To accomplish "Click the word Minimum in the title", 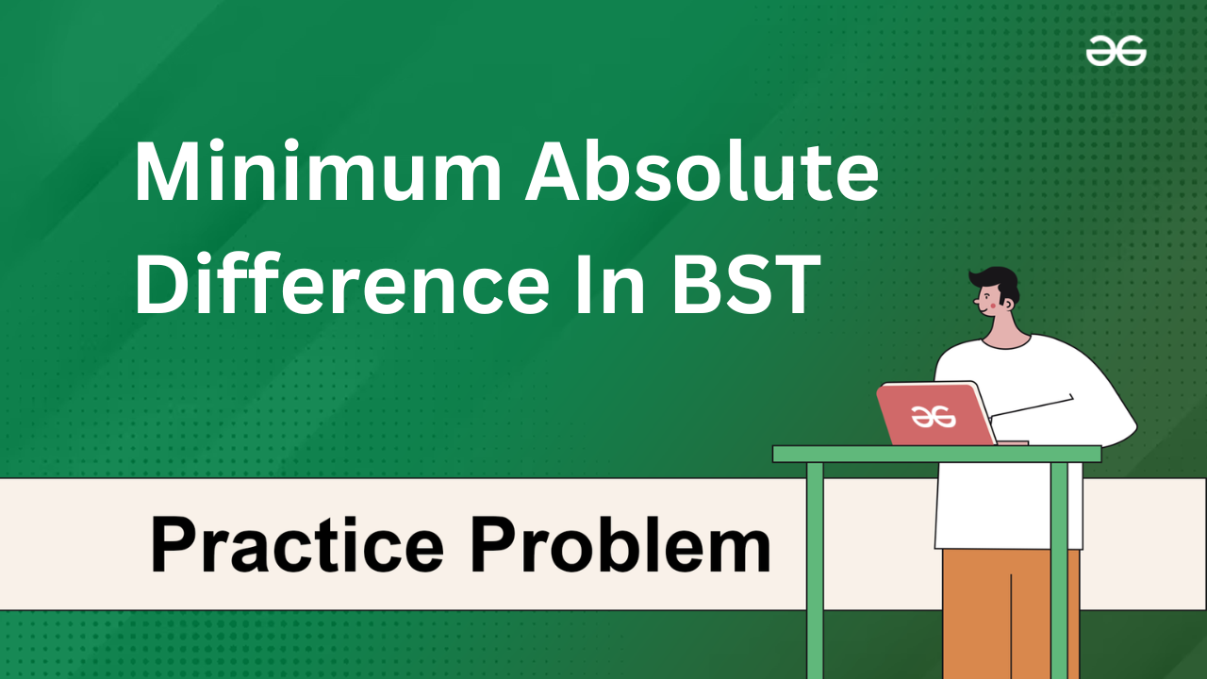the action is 318,172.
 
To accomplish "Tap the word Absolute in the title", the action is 703,171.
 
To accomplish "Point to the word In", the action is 609,284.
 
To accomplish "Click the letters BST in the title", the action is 746,284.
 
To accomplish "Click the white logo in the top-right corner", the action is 1116,51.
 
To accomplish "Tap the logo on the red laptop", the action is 933,417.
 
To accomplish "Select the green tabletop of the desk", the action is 937,454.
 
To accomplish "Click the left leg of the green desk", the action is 815,571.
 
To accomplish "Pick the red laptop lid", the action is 936,414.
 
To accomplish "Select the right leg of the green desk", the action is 1059,571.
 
